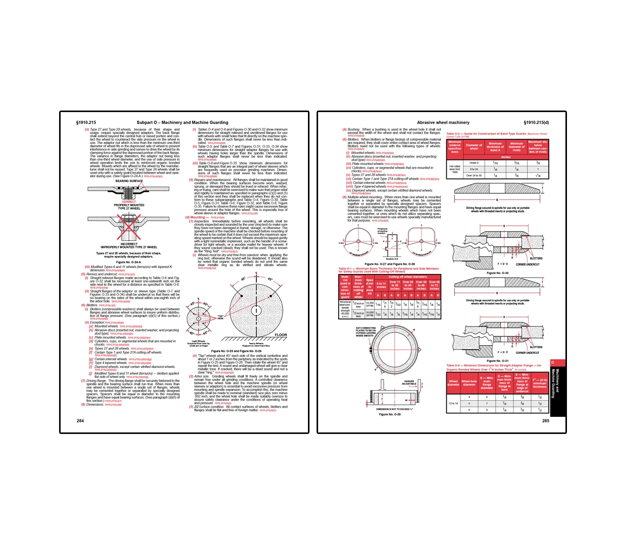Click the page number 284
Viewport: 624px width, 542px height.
tap(80, 420)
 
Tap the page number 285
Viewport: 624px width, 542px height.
tap(545, 420)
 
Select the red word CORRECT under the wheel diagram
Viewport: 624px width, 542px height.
tap(129, 202)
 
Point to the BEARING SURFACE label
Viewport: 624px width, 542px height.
tap(129, 181)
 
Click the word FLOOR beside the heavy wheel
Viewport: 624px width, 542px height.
tap(281, 335)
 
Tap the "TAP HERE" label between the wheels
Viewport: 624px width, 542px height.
tap(221, 317)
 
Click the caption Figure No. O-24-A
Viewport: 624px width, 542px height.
tap(129, 262)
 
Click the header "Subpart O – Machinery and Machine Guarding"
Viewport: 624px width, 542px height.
tap(182, 123)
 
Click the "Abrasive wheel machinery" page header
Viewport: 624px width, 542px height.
tap(443, 123)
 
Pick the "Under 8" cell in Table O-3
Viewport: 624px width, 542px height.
tap(474, 163)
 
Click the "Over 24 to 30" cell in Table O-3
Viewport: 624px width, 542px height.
tap(474, 176)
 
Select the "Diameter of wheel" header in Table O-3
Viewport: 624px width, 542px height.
tap(474, 147)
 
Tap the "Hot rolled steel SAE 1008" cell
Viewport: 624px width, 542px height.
tap(455, 169)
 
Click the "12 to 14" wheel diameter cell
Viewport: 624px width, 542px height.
tap(453, 403)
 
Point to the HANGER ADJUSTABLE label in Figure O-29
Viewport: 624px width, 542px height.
tap(409, 383)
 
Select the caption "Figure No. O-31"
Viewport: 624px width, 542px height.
tap(497, 361)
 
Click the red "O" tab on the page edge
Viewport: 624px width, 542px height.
tap(552, 362)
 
